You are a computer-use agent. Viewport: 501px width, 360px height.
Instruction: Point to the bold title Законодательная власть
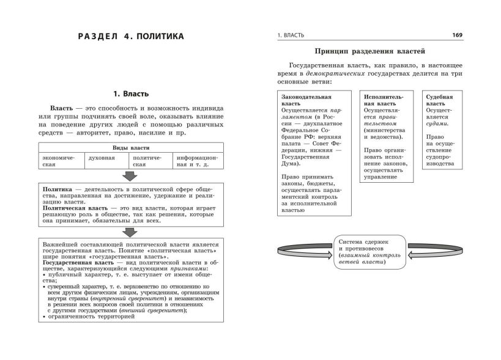click(x=306, y=100)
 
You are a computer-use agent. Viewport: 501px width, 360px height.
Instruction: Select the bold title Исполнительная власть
click(x=383, y=100)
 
